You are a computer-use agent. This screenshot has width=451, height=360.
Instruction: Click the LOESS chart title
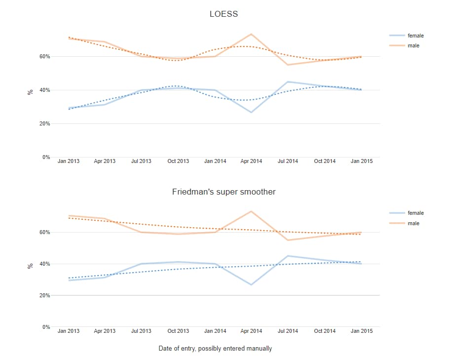click(x=224, y=14)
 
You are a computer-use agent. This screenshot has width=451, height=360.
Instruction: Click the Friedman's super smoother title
click(x=224, y=192)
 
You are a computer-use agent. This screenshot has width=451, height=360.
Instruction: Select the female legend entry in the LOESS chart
click(x=415, y=36)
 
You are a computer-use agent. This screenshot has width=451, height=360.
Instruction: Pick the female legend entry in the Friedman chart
click(x=415, y=213)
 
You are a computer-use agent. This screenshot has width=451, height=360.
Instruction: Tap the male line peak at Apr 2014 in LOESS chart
click(x=251, y=34)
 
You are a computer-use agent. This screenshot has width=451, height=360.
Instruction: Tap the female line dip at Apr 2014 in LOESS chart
click(x=251, y=112)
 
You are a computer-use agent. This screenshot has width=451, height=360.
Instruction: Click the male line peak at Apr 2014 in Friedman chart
click(x=251, y=211)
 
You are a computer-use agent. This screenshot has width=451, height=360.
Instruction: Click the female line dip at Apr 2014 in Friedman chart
click(x=251, y=284)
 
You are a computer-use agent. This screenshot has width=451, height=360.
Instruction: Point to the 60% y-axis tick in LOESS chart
click(x=44, y=57)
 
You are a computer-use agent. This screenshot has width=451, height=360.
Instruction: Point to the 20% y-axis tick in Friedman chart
click(x=44, y=295)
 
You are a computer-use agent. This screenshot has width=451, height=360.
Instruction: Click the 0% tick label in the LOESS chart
click(x=46, y=157)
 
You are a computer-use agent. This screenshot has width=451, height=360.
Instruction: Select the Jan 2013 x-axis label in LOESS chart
click(x=69, y=161)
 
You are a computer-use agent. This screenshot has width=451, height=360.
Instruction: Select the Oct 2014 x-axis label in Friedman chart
click(x=325, y=331)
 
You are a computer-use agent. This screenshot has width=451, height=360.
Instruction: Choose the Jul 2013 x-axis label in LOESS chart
click(x=142, y=161)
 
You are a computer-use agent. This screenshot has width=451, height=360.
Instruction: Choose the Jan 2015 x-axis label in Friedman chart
click(x=362, y=331)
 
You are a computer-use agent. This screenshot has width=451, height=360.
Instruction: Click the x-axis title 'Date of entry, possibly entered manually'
click(x=215, y=348)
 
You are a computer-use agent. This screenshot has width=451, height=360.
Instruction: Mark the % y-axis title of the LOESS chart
click(x=30, y=92)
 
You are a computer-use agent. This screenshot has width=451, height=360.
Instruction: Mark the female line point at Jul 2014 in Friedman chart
click(x=288, y=256)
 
